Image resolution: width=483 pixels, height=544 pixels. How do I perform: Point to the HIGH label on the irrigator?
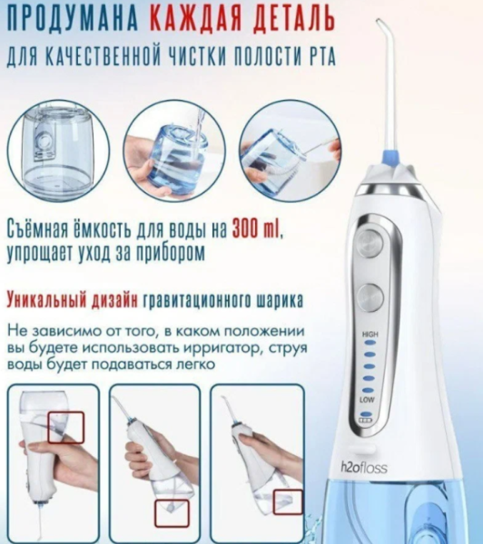tap(370, 335)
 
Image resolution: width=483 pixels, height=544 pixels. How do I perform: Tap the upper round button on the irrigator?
tap(369, 241)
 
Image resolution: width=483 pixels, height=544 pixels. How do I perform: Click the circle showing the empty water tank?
tap(56, 151)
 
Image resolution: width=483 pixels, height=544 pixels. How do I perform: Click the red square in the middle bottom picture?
tap(170, 511)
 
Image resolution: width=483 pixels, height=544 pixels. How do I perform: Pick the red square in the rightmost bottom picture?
tap(288, 502)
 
